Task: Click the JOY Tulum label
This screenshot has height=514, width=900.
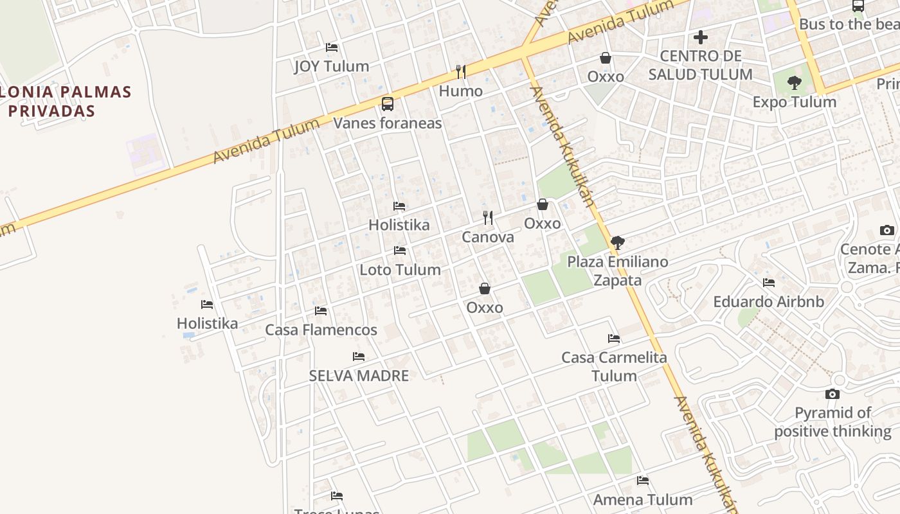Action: click(x=331, y=66)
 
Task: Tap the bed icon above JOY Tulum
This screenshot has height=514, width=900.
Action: click(x=332, y=48)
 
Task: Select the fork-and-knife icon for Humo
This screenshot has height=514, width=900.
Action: click(x=460, y=71)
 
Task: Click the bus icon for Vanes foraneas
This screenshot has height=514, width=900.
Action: click(x=388, y=103)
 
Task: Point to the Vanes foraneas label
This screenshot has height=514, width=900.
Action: click(x=388, y=123)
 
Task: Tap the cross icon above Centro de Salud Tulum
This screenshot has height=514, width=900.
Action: click(x=701, y=37)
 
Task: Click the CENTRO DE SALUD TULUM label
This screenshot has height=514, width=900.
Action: click(x=700, y=66)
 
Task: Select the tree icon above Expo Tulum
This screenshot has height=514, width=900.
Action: click(x=795, y=83)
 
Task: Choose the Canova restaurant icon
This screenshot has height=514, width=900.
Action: click(x=489, y=218)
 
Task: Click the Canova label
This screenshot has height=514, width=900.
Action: click(x=488, y=237)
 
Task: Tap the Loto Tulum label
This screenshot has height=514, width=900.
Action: click(x=400, y=270)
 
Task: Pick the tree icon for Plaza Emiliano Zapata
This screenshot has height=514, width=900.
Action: click(x=618, y=243)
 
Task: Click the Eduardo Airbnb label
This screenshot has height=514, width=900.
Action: click(x=768, y=301)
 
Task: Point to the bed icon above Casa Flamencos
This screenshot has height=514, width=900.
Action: click(x=321, y=311)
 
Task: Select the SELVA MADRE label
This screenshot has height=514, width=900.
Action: click(x=359, y=376)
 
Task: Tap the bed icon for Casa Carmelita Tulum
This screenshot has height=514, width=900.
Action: click(x=614, y=339)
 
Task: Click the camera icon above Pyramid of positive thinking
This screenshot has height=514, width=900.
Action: click(x=833, y=394)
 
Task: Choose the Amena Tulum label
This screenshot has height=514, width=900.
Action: click(x=642, y=500)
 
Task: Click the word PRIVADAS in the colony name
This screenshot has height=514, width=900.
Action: click(x=51, y=111)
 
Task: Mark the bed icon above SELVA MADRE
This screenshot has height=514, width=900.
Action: click(x=359, y=357)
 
